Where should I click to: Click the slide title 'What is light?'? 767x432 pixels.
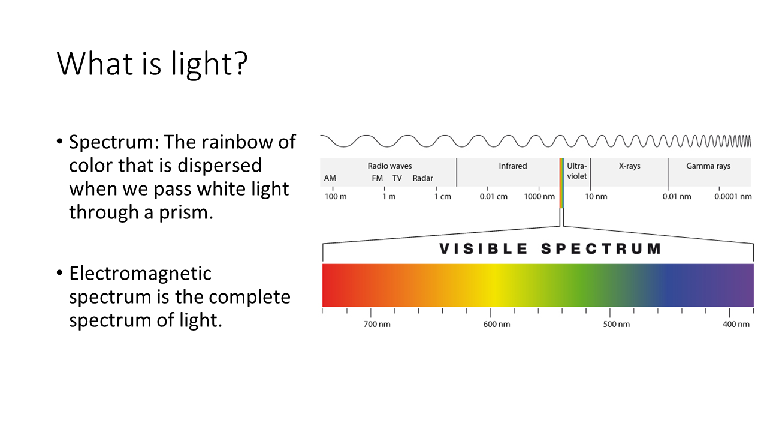(152, 64)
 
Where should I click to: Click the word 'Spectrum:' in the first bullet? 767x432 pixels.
(114, 142)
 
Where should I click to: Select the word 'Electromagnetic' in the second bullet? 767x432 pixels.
(140, 274)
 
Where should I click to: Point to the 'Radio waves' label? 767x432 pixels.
(389, 166)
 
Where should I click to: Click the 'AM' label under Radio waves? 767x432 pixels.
(330, 178)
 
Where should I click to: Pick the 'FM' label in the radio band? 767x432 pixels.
(378, 178)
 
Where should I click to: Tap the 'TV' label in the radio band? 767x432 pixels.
(397, 178)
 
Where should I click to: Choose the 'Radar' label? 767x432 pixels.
(423, 178)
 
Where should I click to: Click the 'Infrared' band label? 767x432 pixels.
(512, 166)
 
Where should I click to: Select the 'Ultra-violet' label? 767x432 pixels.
(577, 171)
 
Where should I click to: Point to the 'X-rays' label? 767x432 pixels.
(629, 166)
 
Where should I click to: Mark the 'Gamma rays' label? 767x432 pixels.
(708, 166)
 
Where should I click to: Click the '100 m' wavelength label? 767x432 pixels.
(336, 197)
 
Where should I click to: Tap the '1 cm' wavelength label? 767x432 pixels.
(443, 197)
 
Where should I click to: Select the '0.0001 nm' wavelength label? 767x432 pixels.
(733, 197)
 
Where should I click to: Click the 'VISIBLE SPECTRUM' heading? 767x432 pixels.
(550, 249)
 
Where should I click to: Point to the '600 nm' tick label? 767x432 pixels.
(497, 325)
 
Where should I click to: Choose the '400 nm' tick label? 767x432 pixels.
(736, 325)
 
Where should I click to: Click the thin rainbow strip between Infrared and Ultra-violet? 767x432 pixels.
(561, 184)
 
